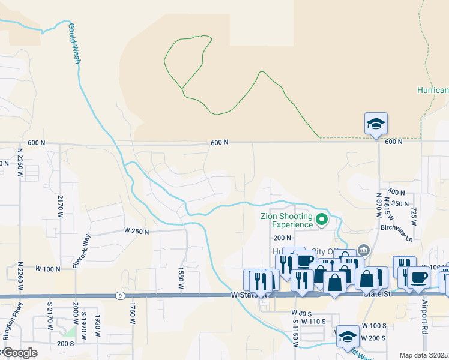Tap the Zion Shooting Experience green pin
[322, 220]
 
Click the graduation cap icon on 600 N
[376, 124]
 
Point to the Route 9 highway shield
[121, 296]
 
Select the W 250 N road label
[136, 230]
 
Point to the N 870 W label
[379, 203]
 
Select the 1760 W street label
[132, 313]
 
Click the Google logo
[20, 353]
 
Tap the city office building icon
[363, 250]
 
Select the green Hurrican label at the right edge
[433, 90]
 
